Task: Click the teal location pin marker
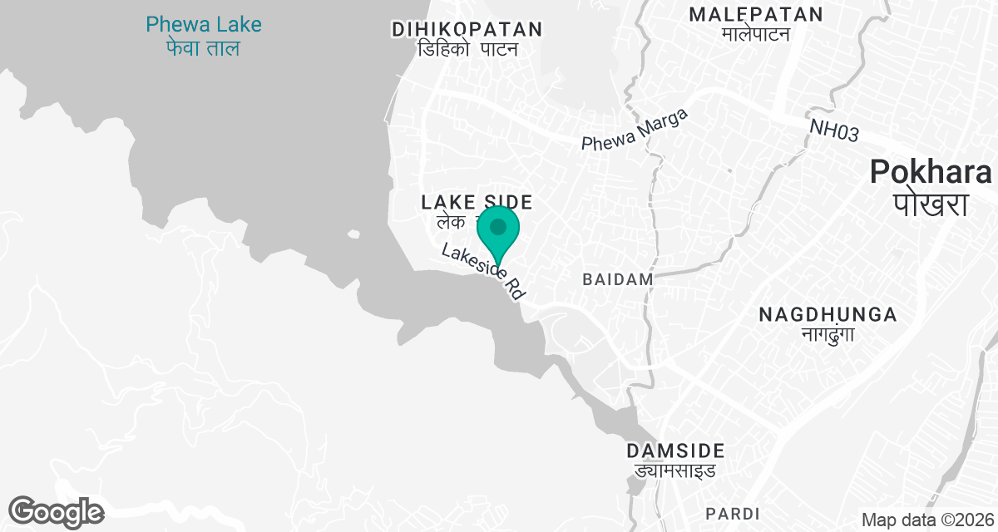[498, 228]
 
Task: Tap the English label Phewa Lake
[204, 25]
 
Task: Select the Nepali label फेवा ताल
[203, 48]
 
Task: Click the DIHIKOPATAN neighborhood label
[467, 30]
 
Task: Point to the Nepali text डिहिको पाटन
[467, 50]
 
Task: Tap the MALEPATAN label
[756, 14]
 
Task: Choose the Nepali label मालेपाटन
[756, 34]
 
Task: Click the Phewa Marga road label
[635, 131]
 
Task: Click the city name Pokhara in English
[931, 172]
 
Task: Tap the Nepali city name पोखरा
[931, 204]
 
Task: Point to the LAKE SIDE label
[477, 202]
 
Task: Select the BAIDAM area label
[618, 279]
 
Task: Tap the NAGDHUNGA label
[828, 315]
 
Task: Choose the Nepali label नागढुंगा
[828, 335]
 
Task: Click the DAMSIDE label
[675, 451]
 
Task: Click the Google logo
[56, 511]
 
